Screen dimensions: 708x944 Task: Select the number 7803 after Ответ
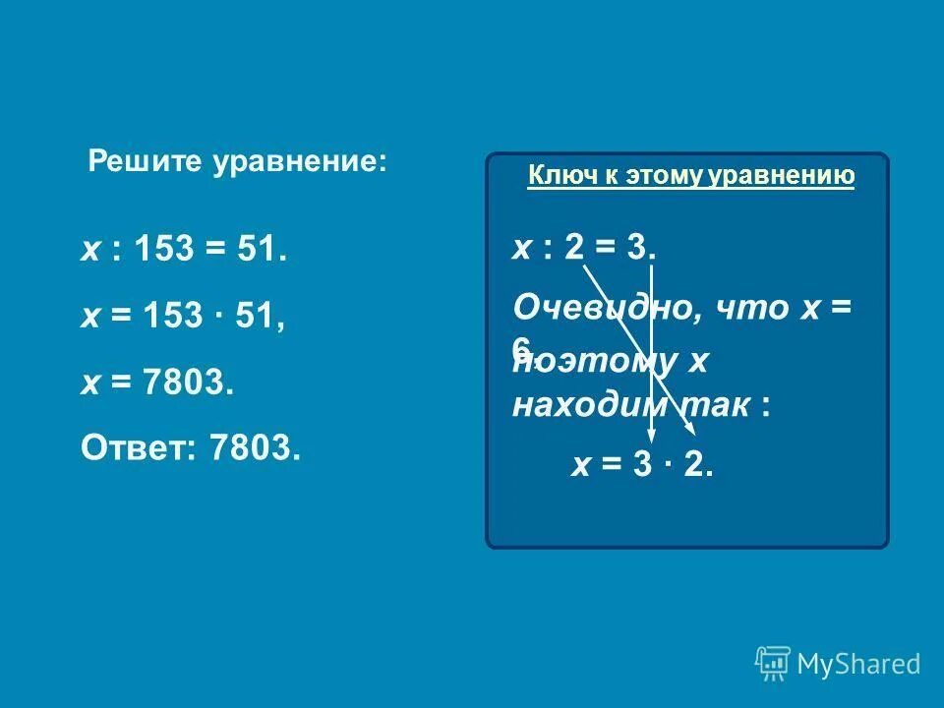coord(253,448)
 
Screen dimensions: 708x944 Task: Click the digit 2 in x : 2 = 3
coord(574,248)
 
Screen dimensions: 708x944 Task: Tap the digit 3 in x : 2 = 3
coord(634,248)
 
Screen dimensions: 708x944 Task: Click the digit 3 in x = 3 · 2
coord(643,465)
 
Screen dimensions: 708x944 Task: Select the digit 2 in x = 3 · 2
coord(695,465)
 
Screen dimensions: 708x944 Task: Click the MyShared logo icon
coord(773,665)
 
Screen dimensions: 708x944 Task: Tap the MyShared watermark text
coord(858,665)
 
